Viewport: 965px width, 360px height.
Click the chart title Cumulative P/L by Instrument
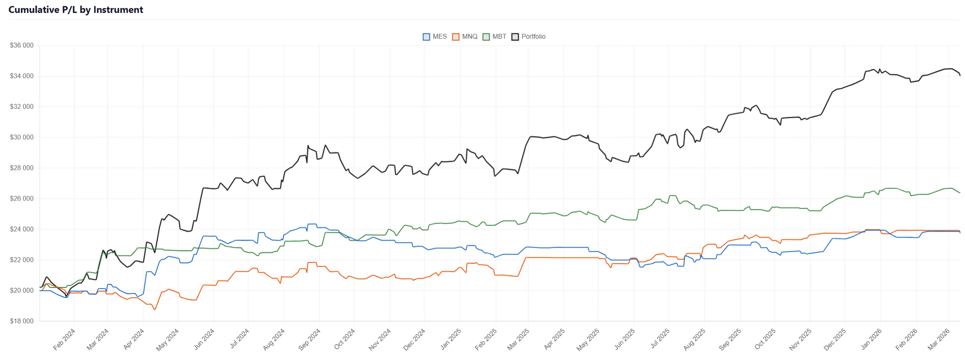click(x=76, y=10)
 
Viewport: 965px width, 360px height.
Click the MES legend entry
click(x=440, y=37)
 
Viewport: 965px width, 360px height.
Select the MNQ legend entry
click(x=469, y=37)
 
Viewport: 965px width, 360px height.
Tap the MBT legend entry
click(x=499, y=37)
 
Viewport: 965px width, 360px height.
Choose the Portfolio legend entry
click(x=533, y=37)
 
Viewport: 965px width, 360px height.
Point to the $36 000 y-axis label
click(x=22, y=45)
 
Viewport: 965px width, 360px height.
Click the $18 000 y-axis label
click(x=22, y=321)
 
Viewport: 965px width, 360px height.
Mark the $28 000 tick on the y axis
click(x=22, y=168)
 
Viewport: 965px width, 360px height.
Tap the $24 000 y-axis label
click(x=22, y=229)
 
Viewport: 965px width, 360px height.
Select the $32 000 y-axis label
click(x=22, y=107)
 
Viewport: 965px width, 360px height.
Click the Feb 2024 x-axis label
click(x=64, y=339)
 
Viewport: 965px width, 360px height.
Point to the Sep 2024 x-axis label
click(x=310, y=339)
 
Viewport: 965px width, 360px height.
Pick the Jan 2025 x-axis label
click(x=451, y=339)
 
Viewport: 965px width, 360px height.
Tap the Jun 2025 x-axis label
click(x=625, y=339)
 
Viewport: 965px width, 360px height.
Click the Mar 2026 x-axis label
click(x=939, y=339)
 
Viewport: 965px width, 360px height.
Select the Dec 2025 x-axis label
click(x=835, y=339)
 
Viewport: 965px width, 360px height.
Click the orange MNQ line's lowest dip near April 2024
click(x=155, y=309)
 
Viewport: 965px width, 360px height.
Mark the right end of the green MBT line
click(x=960, y=193)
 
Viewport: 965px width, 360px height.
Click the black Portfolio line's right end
click(x=960, y=75)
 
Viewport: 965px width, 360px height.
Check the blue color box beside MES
click(x=426, y=37)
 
